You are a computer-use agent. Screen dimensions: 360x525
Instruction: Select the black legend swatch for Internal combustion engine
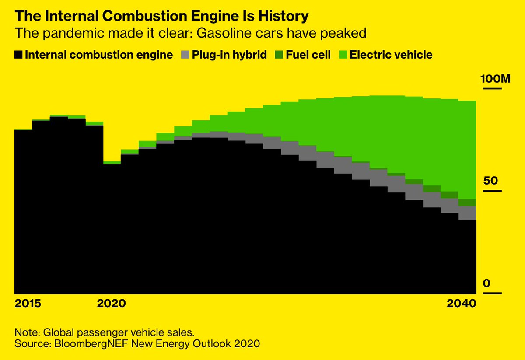click(x=18, y=55)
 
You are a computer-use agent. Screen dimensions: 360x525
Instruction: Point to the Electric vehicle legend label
click(x=391, y=55)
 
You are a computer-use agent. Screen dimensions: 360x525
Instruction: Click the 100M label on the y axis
click(x=495, y=79)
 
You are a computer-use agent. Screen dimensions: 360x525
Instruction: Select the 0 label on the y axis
click(x=486, y=283)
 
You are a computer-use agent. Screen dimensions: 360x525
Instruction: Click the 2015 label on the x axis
click(x=28, y=304)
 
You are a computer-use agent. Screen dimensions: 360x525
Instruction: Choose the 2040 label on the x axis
click(x=462, y=304)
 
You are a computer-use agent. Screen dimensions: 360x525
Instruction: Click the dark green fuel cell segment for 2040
click(x=467, y=203)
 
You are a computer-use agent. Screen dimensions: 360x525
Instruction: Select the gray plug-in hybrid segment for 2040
click(x=467, y=213)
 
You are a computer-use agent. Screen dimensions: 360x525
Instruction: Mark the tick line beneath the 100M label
click(x=491, y=89)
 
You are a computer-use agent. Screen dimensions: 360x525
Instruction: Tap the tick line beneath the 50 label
click(x=491, y=191)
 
